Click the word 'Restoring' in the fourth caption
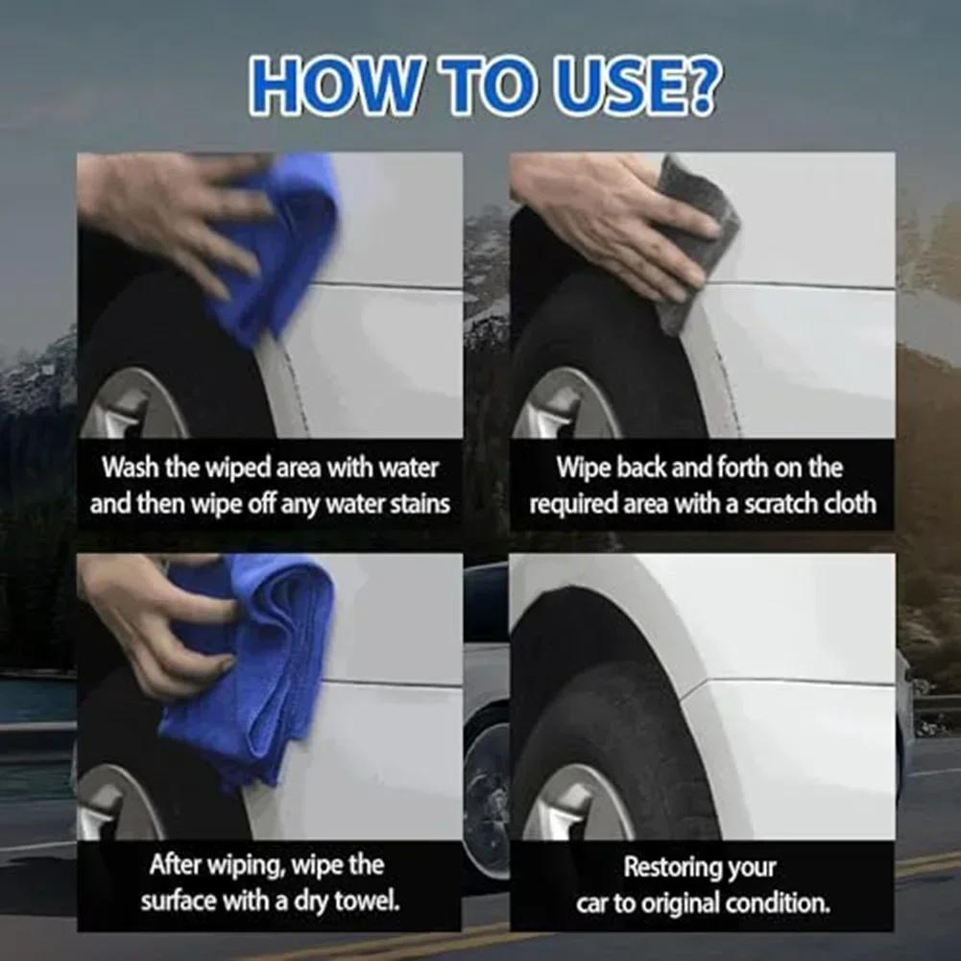pyautogui.click(x=672, y=867)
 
